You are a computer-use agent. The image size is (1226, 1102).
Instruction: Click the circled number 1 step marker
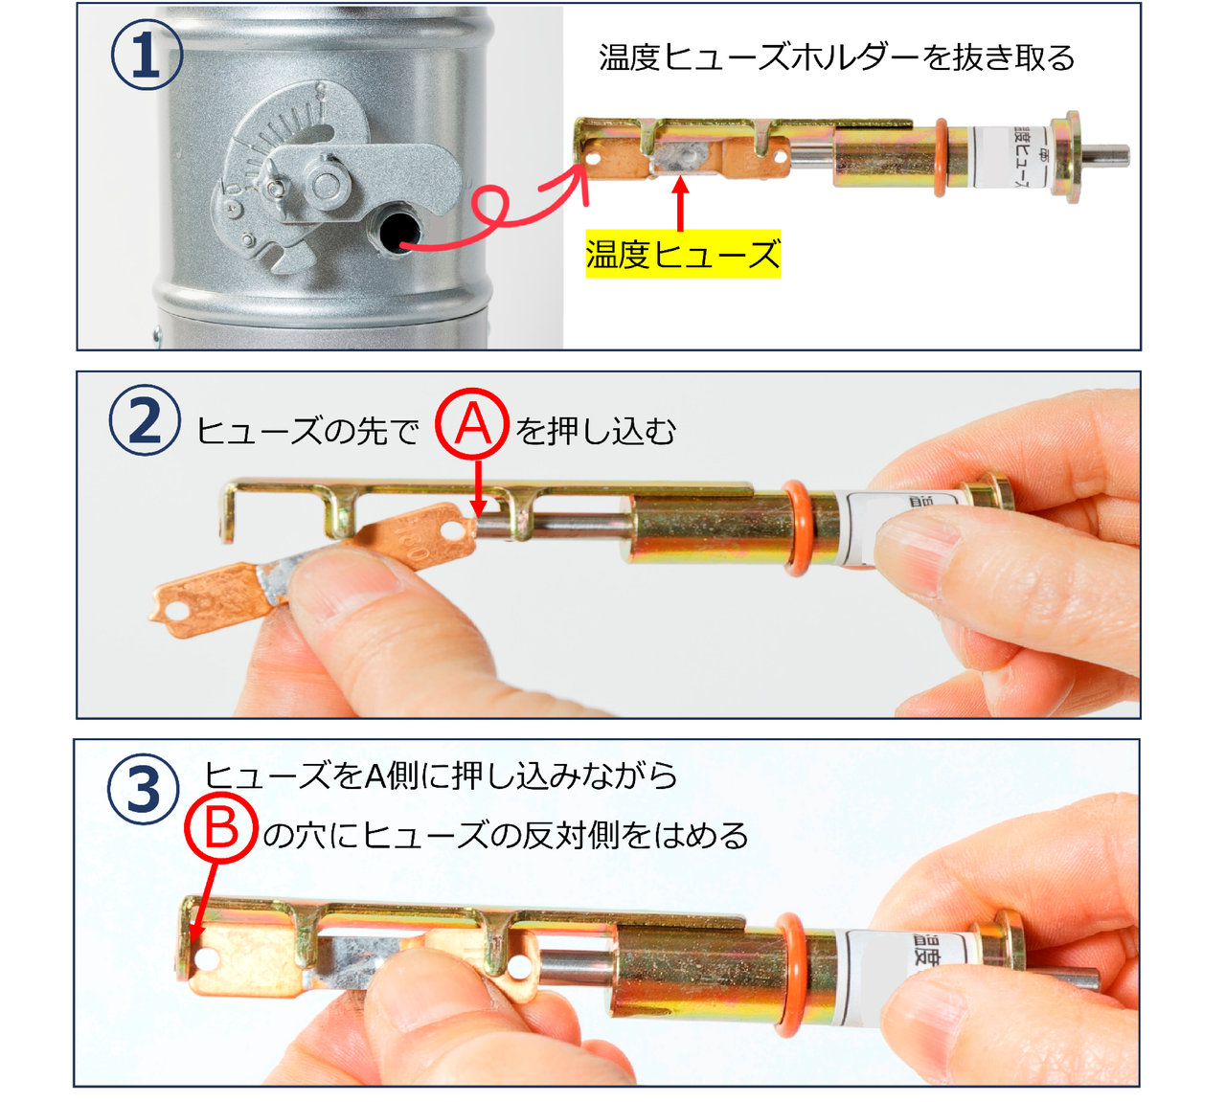[x=147, y=55]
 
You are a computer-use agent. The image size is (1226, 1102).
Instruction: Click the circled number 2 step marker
[x=145, y=421]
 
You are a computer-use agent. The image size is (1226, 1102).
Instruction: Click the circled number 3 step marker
[x=144, y=789]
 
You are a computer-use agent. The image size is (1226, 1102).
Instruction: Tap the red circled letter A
[x=472, y=425]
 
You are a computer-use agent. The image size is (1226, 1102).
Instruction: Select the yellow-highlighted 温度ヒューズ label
[x=683, y=255]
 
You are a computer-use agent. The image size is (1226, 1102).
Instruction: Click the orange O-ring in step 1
[x=941, y=158]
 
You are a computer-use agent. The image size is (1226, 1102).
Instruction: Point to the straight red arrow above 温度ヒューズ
[x=680, y=203]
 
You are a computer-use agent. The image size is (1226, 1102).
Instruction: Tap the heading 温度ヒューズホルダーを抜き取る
[x=836, y=58]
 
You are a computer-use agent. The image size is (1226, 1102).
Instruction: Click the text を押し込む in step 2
[x=596, y=431]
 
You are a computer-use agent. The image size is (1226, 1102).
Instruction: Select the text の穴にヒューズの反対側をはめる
[x=506, y=836]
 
